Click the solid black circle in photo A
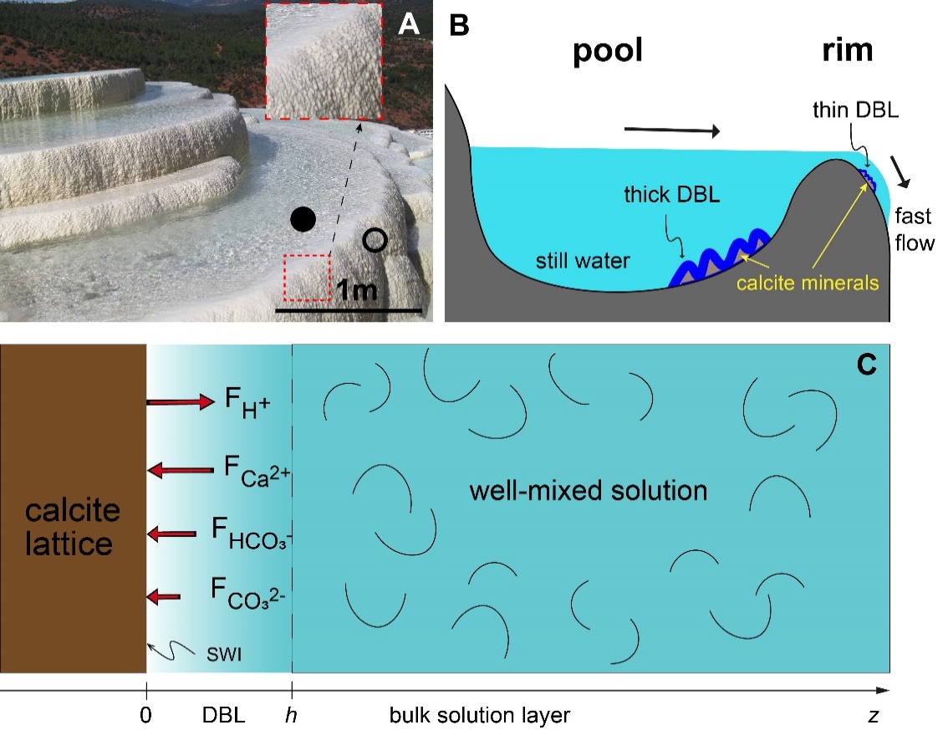click(x=303, y=220)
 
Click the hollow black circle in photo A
click(x=375, y=241)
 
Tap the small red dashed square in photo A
click(x=307, y=277)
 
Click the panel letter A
click(x=408, y=24)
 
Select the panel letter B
click(x=459, y=25)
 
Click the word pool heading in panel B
click(x=608, y=52)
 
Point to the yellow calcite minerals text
click(x=808, y=283)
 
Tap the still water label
click(x=583, y=261)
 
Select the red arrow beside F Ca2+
click(x=180, y=472)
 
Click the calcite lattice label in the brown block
click(x=73, y=527)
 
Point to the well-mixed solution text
click(x=589, y=489)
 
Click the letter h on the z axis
click(x=292, y=716)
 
